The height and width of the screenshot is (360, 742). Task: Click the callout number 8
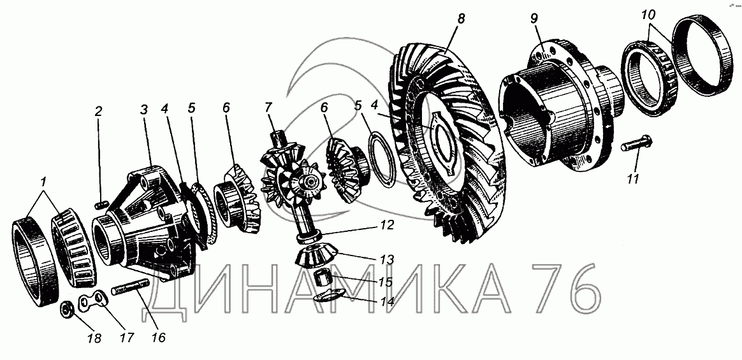pyautogui.click(x=461, y=19)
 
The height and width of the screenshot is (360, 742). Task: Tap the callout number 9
pyautogui.click(x=534, y=20)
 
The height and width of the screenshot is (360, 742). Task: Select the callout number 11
pyautogui.click(x=633, y=178)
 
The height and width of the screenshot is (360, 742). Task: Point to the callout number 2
pyautogui.click(x=98, y=112)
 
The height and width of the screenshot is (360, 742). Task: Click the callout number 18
pyautogui.click(x=94, y=338)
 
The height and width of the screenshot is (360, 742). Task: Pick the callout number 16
pyautogui.click(x=159, y=337)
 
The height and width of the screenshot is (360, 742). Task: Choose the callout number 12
pyautogui.click(x=386, y=225)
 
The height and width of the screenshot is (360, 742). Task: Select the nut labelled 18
pyautogui.click(x=66, y=310)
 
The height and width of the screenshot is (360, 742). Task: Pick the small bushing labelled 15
pyautogui.click(x=324, y=277)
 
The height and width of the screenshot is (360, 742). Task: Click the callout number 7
pyautogui.click(x=268, y=108)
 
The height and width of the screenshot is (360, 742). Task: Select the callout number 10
pyautogui.click(x=649, y=15)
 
